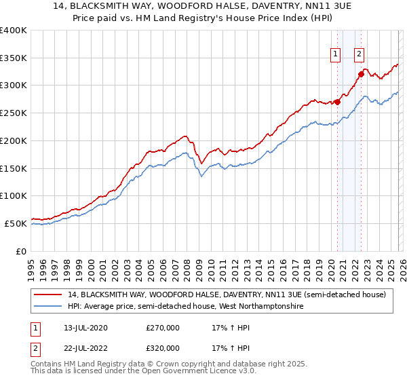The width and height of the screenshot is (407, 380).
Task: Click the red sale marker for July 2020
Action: pyautogui.click(x=337, y=102)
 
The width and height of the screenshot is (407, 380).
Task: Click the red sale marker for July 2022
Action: pyautogui.click(x=362, y=74)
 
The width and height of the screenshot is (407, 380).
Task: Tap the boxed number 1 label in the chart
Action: pyautogui.click(x=336, y=56)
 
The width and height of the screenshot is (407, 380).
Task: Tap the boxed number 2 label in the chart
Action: pyautogui.click(x=359, y=56)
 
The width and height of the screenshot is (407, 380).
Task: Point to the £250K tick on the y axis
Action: pyautogui.click(x=14, y=113)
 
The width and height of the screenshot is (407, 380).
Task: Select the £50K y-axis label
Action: pyautogui.click(x=16, y=223)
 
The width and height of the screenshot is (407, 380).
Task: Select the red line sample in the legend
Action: pyautogui.click(x=48, y=295)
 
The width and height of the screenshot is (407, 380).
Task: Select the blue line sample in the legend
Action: pyautogui.click(x=48, y=307)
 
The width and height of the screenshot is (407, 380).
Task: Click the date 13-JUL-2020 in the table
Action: pyautogui.click(x=81, y=328)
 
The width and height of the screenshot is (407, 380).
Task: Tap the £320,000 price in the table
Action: pyautogui.click(x=163, y=347)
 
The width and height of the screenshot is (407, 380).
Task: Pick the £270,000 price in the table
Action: pyautogui.click(x=163, y=328)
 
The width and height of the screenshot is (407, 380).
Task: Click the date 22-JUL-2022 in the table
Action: pyautogui.click(x=81, y=347)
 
